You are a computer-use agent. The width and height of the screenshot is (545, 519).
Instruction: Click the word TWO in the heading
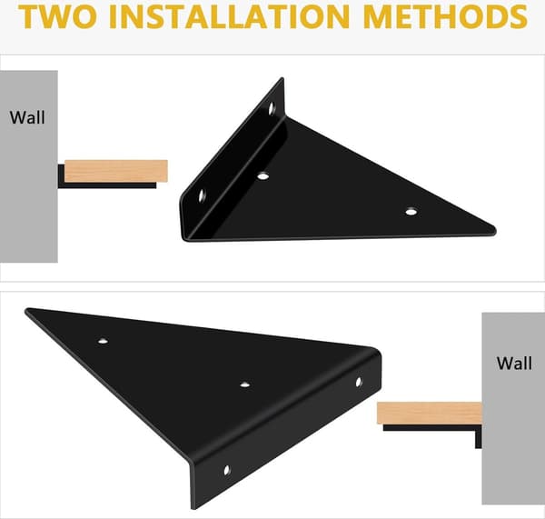58,16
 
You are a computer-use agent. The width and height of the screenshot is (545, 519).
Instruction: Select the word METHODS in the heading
446,16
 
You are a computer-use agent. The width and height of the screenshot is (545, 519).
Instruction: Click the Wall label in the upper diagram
27,117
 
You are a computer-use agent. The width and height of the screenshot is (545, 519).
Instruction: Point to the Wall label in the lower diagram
514,364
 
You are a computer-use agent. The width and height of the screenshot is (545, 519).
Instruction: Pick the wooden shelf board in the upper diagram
116,171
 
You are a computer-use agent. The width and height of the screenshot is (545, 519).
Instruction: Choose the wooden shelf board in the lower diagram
430,413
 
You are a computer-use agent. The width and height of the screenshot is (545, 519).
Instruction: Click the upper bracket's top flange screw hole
272,108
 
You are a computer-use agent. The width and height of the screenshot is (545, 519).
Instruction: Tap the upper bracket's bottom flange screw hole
202,195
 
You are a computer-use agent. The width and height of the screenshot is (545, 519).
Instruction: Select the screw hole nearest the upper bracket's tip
411,211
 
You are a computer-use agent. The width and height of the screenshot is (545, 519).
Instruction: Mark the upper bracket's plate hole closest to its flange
263,176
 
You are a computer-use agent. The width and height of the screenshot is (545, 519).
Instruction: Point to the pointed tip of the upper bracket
494,230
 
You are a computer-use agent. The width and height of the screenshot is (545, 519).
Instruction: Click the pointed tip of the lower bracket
26,310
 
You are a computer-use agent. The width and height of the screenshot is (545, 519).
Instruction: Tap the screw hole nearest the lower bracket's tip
103,341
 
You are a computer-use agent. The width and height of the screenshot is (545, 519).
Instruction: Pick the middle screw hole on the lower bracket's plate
245,384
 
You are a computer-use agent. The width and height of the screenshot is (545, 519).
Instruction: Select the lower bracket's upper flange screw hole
359,382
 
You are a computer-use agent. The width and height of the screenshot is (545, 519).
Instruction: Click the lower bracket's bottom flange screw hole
226,470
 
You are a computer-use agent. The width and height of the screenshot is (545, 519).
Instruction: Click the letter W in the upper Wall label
16,117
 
